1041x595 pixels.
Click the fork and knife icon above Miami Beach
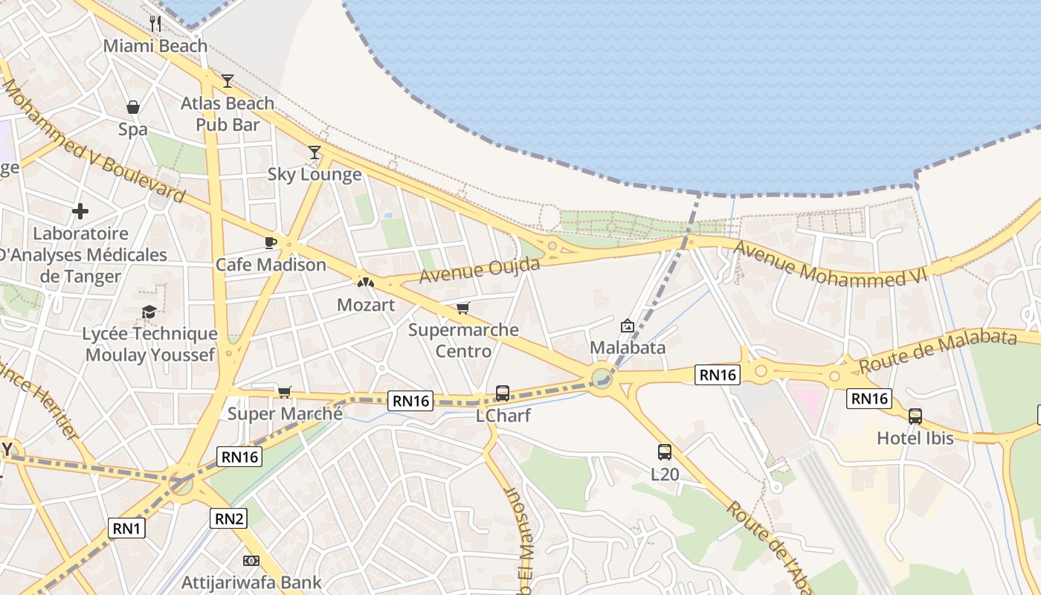coord(155,23)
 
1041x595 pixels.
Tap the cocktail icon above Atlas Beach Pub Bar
coord(228,80)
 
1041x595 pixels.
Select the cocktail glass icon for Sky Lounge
coord(315,152)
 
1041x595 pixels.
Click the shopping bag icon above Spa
coord(133,107)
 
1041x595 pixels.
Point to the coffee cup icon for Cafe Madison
coord(271,242)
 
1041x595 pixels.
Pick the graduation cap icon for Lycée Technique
coord(149,312)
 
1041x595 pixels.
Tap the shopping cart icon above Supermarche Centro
coord(463,308)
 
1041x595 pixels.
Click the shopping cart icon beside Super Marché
coord(284,392)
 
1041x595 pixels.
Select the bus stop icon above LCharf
coord(503,393)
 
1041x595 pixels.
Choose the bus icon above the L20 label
coord(664,451)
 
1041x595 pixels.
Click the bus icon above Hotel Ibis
coord(915,416)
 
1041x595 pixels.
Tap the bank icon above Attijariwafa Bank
coord(251,560)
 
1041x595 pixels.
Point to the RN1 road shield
coord(127,529)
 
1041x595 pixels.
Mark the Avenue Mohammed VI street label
coord(831,264)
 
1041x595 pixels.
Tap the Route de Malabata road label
coord(937,351)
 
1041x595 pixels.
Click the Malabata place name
coord(628,347)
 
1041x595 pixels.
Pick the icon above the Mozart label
coord(365,283)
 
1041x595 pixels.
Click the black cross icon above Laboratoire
coord(80,211)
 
